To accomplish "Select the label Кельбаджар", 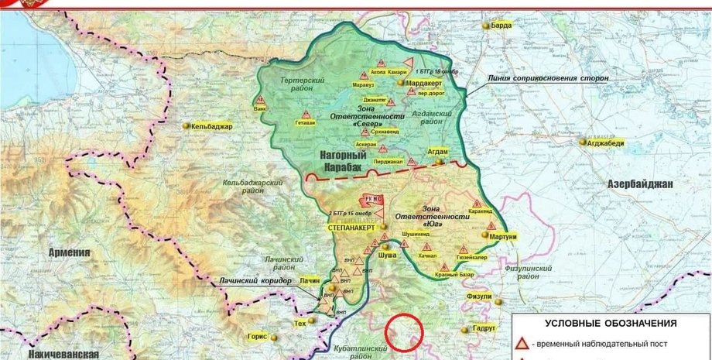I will tap(212, 125).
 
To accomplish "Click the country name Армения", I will tap(70, 252).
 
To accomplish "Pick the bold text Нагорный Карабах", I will tap(344, 160).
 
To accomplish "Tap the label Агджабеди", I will tap(604, 142).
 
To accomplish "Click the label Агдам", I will tap(438, 152).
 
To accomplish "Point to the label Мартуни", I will tap(502, 236).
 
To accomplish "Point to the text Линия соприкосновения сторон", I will tap(546, 78).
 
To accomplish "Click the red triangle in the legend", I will tap(523, 343).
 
